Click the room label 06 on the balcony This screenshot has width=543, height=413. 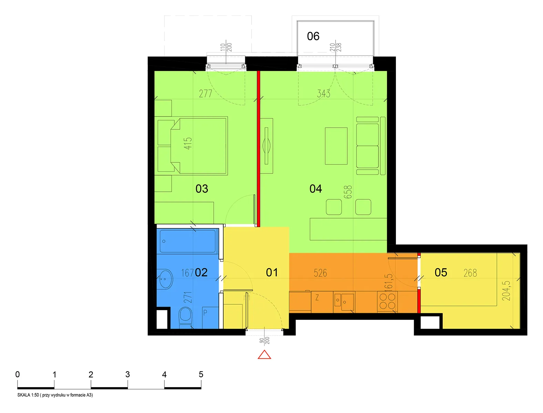(x=313, y=36)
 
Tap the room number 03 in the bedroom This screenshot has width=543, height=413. (x=202, y=189)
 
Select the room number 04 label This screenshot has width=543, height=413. (x=315, y=189)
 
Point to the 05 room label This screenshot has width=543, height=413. (x=441, y=273)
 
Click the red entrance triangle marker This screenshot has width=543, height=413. (x=264, y=355)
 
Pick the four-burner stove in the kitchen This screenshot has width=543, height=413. (x=387, y=302)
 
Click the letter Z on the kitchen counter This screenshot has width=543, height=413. (x=317, y=298)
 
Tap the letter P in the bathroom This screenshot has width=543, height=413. (x=205, y=313)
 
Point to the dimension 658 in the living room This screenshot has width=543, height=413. (x=348, y=192)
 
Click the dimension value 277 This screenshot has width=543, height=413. (x=206, y=94)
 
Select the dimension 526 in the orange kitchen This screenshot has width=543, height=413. (x=320, y=273)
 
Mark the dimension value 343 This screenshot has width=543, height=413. (x=324, y=94)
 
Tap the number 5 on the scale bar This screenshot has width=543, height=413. (x=201, y=374)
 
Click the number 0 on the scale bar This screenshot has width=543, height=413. (x=17, y=374)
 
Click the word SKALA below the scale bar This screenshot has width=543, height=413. (x=24, y=395)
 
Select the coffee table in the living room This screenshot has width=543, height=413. (x=336, y=146)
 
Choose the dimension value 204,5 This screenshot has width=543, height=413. (x=506, y=291)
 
